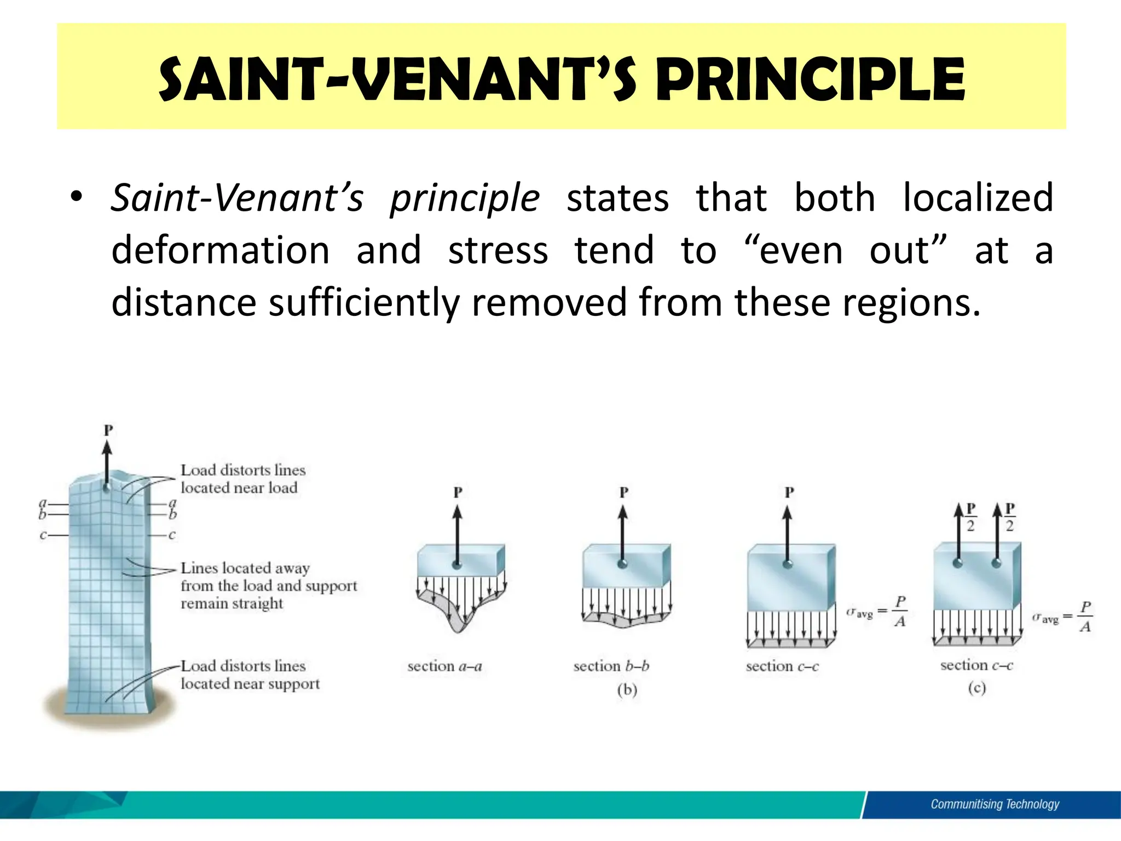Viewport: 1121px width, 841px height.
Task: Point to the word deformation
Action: tap(220, 250)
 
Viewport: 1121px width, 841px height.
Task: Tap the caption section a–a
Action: tap(444, 666)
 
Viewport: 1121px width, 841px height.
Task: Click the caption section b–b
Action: tap(611, 666)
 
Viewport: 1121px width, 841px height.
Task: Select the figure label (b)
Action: tap(627, 689)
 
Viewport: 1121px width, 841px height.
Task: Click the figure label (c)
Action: tap(976, 688)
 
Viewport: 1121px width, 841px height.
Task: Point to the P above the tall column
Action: tap(108, 430)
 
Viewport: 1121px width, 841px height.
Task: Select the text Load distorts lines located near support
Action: tap(250, 675)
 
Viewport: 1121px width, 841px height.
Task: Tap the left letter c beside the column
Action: tap(43, 535)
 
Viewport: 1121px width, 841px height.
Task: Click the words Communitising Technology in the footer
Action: tap(995, 804)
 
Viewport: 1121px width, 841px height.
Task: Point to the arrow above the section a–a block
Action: tap(458, 534)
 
